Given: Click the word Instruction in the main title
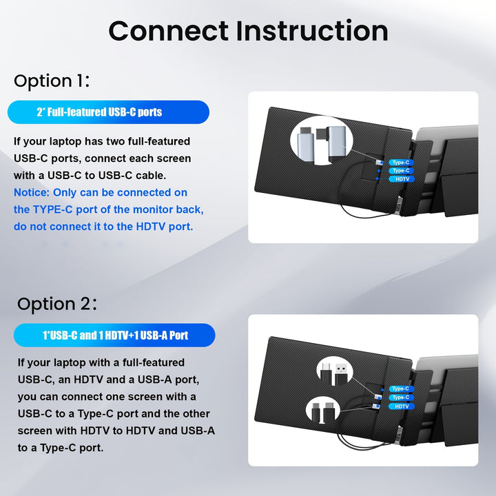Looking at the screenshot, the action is pos(312,31).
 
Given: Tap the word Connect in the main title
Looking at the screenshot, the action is pos(168,31).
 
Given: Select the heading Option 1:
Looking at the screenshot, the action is pos(52,81).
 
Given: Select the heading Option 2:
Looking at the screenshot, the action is pos(57,304).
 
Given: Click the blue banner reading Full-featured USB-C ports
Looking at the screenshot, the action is pos(108,112).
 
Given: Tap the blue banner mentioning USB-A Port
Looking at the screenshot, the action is pos(114,335).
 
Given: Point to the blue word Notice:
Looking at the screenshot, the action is pos(32,192).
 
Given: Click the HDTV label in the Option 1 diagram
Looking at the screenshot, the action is pos(402,179).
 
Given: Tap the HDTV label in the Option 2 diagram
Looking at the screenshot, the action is pos(402,406).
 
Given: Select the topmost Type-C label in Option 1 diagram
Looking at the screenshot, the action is pos(401,163).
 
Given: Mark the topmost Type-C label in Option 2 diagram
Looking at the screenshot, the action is pos(401,389).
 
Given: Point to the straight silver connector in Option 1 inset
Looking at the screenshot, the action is pos(306,145).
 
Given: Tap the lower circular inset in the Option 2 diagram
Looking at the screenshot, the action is pos(322,411).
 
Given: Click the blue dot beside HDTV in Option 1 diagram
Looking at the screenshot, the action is pos(378,178).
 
